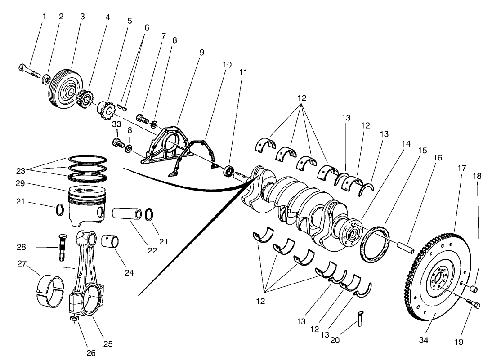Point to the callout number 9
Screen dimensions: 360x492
202,53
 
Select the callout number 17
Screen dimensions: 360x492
462,168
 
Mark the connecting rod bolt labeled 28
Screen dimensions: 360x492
62,248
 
